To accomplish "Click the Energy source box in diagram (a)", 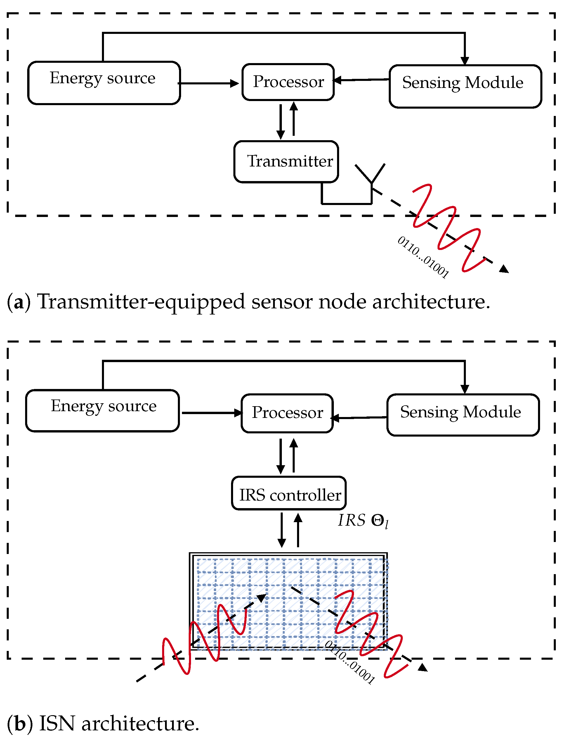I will tap(104, 83).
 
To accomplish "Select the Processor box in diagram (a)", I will tap(288, 82).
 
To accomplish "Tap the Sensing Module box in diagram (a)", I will tap(465, 86).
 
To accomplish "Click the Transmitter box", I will tap(286, 161).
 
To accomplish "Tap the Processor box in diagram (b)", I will tap(287, 413).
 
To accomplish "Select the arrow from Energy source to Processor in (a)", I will tap(208, 83).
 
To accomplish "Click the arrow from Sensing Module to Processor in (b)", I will tap(359, 418).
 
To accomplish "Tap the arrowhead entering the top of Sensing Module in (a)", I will tap(465, 61).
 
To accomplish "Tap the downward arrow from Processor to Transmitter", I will tap(281, 121).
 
